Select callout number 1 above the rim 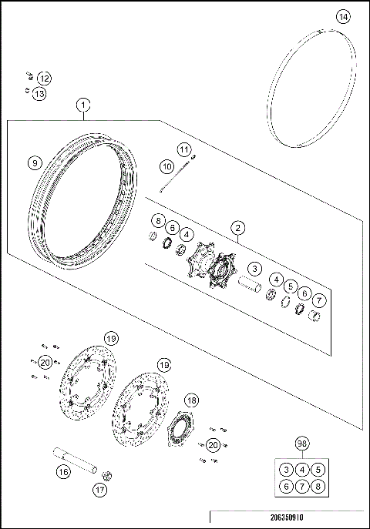[82, 104]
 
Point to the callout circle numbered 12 [43, 79]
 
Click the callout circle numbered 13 [39, 93]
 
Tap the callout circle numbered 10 [167, 165]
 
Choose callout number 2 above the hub [238, 228]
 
